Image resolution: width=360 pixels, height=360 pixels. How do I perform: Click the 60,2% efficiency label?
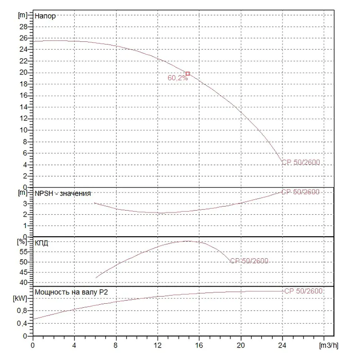tap(177, 78)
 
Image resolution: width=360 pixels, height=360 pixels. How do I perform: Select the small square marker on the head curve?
tap(188, 73)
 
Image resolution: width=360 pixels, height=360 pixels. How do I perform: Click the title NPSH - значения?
tap(63, 193)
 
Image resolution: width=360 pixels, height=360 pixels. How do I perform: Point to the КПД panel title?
tap(41, 243)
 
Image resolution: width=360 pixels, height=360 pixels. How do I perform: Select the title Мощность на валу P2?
tap(71, 292)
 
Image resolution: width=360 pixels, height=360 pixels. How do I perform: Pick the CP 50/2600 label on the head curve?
tap(301, 162)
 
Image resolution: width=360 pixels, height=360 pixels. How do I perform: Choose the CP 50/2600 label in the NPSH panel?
tap(300, 192)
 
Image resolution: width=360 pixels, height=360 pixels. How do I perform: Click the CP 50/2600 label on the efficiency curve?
tap(249, 261)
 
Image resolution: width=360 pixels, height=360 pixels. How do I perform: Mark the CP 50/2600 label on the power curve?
tap(303, 291)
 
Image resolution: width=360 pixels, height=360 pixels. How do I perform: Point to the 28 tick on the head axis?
tap(24, 26)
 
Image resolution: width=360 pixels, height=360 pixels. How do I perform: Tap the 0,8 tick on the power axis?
tap(23, 310)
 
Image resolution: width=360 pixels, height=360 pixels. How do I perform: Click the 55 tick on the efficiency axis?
tap(24, 252)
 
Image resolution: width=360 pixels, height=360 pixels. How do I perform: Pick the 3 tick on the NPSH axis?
tap(26, 204)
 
